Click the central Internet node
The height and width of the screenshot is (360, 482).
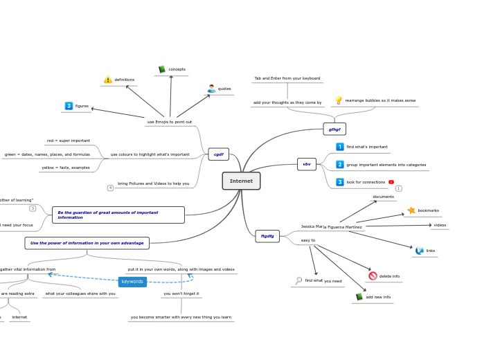point(241,181)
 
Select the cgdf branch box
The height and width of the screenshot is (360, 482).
point(218,154)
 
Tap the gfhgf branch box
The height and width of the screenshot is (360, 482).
point(334,129)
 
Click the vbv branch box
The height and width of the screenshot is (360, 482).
point(307,164)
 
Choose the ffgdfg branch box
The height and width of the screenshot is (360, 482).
point(267,236)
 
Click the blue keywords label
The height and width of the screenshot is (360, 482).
point(132,282)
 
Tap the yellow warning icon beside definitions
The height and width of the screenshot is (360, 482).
point(108,80)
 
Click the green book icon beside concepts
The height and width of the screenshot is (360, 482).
point(162,69)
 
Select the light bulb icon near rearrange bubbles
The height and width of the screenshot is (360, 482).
point(339,100)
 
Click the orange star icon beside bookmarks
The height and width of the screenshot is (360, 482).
point(411,210)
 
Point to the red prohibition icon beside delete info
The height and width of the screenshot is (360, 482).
point(373,276)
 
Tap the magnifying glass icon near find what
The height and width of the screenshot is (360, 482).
point(298,280)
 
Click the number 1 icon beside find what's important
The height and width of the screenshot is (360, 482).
point(340,147)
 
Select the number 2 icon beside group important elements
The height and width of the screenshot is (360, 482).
point(340,165)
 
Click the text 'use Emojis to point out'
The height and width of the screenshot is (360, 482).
point(170,122)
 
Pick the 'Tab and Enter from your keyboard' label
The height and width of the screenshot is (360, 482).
point(287,78)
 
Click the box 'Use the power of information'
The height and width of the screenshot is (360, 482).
point(87,243)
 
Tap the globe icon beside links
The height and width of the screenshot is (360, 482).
point(420,251)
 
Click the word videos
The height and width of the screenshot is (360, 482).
point(440,225)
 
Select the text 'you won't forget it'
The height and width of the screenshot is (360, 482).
point(181,294)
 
